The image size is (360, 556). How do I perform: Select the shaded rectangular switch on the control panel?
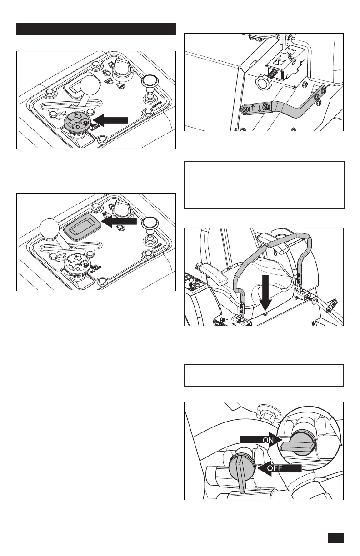[80, 225]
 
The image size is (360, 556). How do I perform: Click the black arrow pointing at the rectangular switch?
[120, 221]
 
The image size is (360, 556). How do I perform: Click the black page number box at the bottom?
[335, 538]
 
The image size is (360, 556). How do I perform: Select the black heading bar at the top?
[96, 29]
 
